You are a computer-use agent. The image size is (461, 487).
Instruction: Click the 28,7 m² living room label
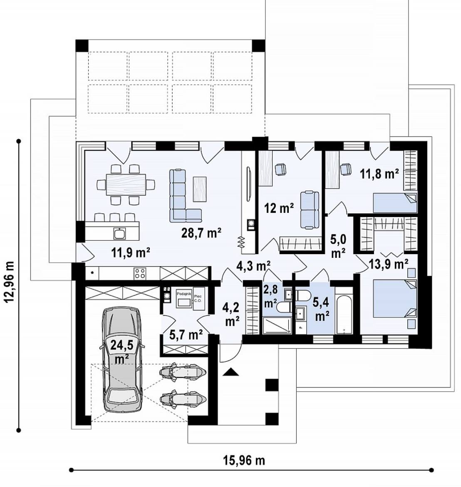coord(201,232)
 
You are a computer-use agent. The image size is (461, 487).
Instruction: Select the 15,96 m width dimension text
coord(244,460)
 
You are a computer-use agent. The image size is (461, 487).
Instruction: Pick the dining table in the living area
coord(126,184)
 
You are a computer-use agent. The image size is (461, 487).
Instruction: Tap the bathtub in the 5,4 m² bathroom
coord(344,310)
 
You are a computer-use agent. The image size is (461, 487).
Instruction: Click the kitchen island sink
coord(119,233)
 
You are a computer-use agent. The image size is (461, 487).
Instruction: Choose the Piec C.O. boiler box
coord(198,298)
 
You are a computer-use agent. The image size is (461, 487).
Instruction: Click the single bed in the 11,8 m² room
coord(394,203)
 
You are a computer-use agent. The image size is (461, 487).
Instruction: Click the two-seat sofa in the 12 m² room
coord(309,210)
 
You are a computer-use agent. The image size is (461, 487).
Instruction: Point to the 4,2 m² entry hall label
coord(231,314)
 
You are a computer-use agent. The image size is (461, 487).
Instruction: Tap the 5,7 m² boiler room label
coord(186,335)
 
